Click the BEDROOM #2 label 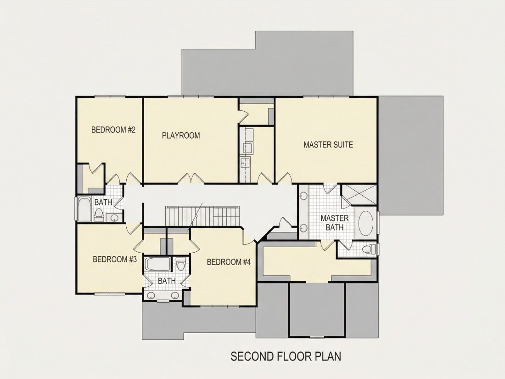[113, 130]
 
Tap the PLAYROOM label [181, 136]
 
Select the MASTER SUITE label [328, 144]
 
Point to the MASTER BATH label [334, 223]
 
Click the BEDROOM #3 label [115, 259]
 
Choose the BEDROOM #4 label [229, 262]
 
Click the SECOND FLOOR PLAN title [286, 356]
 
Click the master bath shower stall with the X [359, 195]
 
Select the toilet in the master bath [369, 249]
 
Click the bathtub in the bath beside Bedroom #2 [85, 209]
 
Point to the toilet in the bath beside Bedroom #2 [99, 215]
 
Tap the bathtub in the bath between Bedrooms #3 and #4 [157, 264]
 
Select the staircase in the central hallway [203, 216]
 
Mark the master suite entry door [284, 179]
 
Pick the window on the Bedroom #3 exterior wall [110, 294]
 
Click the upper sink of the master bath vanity [303, 195]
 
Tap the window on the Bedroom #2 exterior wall [110, 96]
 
